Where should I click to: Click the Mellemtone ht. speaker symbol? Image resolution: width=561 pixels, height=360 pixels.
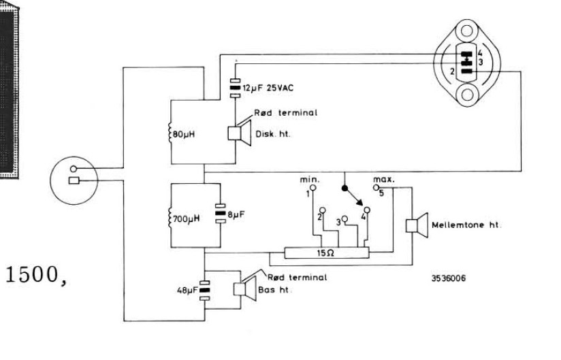(x=415, y=225)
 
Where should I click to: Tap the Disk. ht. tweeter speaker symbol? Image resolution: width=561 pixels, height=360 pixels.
(x=238, y=132)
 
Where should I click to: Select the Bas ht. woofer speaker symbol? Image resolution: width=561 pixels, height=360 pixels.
(x=240, y=289)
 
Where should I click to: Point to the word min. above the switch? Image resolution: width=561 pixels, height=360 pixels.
(x=310, y=180)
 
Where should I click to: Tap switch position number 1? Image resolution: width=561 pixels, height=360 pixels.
(x=308, y=194)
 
